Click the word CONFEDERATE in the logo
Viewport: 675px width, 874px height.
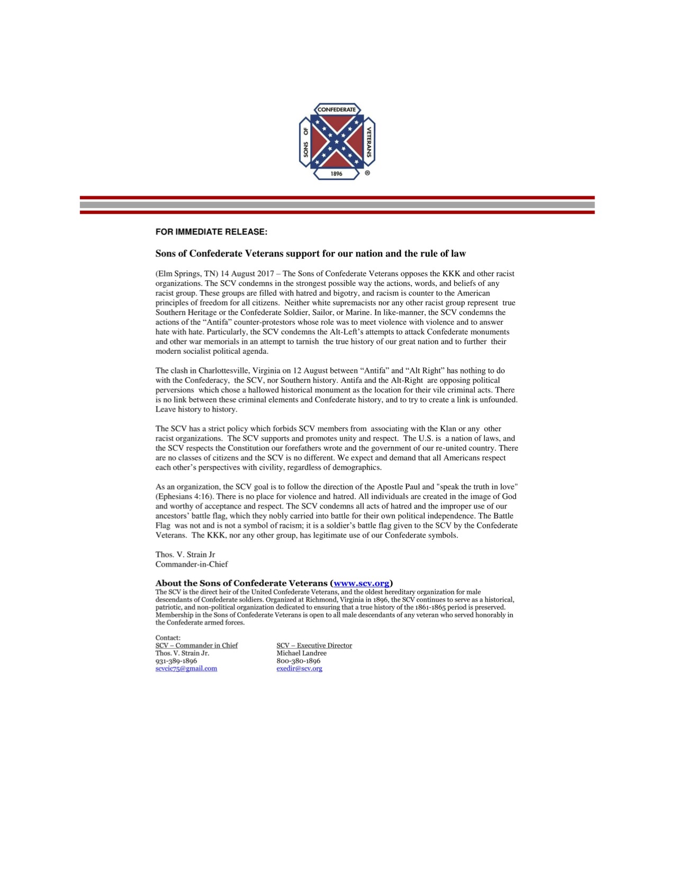coord(337,110)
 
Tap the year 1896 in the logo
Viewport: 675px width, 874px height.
coord(337,174)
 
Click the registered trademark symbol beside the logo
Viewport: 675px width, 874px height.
coord(367,173)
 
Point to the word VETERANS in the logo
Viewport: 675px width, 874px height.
coord(369,141)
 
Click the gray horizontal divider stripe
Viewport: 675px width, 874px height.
coord(337,205)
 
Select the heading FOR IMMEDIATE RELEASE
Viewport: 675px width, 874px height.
coord(211,232)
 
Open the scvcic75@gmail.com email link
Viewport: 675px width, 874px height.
coord(186,668)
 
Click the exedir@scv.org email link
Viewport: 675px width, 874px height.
coord(299,668)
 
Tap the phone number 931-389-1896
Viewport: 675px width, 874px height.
coord(176,661)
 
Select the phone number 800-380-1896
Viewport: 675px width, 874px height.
coord(298,661)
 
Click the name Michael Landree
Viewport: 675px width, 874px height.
coord(301,653)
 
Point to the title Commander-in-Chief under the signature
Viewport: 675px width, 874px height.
coord(192,564)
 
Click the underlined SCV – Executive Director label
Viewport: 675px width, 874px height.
coord(314,645)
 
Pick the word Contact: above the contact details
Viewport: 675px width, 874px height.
coord(168,638)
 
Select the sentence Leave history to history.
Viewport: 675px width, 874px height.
coord(196,409)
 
